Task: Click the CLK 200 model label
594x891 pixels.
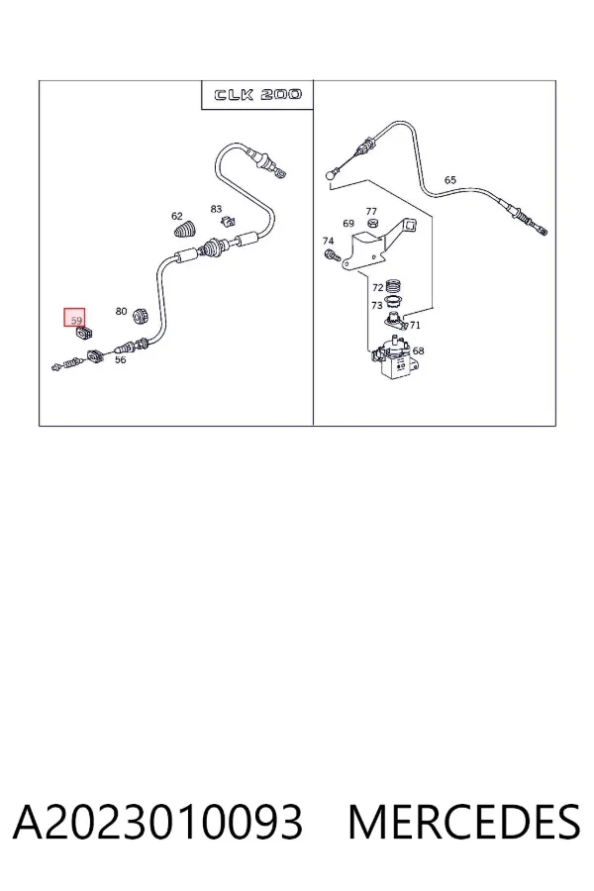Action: coord(257,94)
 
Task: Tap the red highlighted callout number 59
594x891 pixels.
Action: coord(74,318)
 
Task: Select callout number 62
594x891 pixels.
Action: coord(177,216)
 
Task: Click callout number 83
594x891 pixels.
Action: coord(216,209)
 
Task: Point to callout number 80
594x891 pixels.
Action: coord(121,312)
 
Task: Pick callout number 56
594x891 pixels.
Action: coord(121,359)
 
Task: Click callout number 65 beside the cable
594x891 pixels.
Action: coord(450,180)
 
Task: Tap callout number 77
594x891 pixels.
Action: coord(371,212)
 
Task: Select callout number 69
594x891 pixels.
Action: coord(348,224)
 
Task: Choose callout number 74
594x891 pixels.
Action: coord(328,241)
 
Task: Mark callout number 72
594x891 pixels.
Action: coord(377,288)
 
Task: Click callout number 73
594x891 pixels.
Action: coord(376,306)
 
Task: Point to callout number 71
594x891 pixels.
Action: coord(415,326)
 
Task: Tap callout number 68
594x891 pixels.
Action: coord(419,351)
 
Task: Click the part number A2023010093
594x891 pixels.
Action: coord(157,823)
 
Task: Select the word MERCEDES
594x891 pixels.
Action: coord(464,823)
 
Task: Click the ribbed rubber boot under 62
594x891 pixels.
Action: coord(183,230)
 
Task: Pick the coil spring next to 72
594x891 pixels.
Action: coord(393,286)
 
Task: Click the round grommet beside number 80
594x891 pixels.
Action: coord(140,316)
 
